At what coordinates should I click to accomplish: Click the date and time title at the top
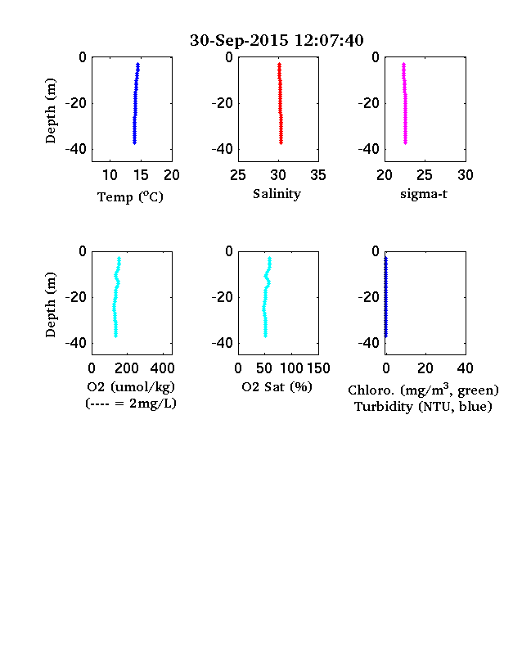(277, 40)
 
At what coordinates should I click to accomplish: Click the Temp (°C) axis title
(130, 196)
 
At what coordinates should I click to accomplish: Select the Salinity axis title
(277, 194)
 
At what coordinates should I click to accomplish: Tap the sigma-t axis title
(423, 194)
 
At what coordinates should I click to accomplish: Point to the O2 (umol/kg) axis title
(131, 387)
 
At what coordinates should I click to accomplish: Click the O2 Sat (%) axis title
(277, 386)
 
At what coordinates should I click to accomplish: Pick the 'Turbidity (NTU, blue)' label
(423, 407)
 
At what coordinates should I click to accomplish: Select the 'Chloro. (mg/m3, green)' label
(423, 390)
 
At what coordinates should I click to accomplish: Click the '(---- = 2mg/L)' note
(131, 404)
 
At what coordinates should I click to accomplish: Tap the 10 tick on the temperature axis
(110, 175)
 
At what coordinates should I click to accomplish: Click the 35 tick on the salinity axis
(318, 175)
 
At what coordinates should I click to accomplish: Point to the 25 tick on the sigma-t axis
(424, 175)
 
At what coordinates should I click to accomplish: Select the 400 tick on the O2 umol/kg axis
(162, 368)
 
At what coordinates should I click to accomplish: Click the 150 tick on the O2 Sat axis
(318, 368)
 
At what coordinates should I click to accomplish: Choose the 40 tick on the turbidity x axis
(465, 368)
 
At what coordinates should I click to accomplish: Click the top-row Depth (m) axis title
(50, 111)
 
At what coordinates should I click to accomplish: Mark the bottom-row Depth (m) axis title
(50, 304)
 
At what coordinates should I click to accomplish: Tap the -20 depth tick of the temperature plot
(76, 103)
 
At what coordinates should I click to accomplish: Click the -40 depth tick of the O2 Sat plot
(223, 343)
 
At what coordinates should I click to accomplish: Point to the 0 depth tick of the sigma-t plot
(376, 57)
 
